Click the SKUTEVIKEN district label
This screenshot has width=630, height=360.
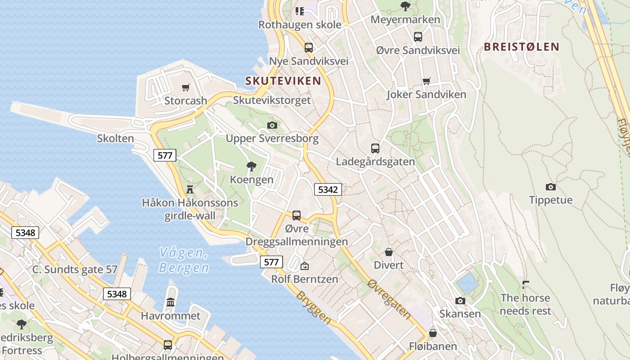click(283, 81)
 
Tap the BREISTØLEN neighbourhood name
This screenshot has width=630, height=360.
click(522, 47)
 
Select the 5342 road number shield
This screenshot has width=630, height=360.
click(328, 189)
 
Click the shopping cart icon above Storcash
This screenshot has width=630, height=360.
click(185, 87)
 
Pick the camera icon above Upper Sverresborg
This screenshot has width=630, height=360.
click(272, 125)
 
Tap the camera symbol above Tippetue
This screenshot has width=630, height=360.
click(550, 187)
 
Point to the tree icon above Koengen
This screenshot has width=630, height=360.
click(252, 166)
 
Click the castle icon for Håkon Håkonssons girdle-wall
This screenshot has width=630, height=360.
click(190, 189)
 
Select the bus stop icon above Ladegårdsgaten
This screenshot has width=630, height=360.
click(375, 148)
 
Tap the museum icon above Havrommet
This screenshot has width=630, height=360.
click(171, 302)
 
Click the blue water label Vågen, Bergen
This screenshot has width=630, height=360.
click(184, 260)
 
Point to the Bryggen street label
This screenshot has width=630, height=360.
click(314, 308)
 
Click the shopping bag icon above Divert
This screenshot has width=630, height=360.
click(389, 252)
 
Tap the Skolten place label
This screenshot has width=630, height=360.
click(116, 138)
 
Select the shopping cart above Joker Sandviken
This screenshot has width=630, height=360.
click(426, 81)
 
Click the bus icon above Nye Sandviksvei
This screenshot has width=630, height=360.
click(308, 47)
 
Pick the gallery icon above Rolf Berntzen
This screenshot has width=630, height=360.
click(305, 266)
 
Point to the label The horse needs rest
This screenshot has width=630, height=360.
click(525, 304)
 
